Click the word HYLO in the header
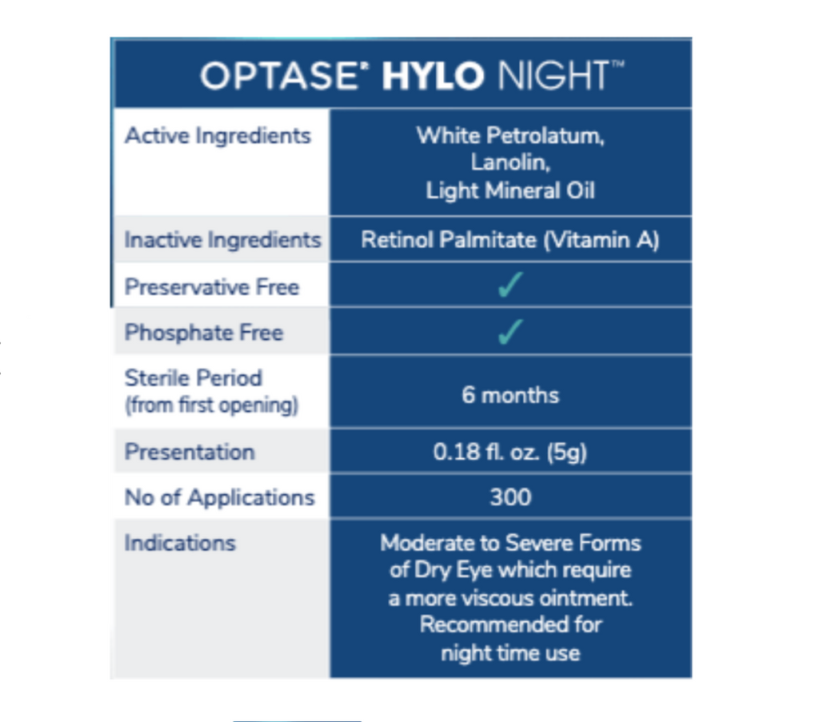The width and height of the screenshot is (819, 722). [433, 76]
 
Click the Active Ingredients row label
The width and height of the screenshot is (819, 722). [218, 136]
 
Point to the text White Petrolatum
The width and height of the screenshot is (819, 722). [509, 136]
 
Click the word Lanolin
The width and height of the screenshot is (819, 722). [510, 162]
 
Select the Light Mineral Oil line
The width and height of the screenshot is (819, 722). [510, 190]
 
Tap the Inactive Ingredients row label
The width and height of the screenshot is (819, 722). [223, 240]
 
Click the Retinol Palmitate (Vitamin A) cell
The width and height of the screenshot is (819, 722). [509, 240]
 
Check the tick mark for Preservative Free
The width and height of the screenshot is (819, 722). [509, 285]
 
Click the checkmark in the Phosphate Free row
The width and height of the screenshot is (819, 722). [509, 332]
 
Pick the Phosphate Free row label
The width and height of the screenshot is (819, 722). [204, 333]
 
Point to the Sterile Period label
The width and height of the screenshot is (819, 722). [194, 378]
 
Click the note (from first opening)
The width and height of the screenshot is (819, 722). [211, 405]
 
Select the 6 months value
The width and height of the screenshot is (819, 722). [510, 395]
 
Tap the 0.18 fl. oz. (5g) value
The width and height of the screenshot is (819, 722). [509, 452]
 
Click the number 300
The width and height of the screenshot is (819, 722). [510, 497]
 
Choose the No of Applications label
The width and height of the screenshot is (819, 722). [219, 497]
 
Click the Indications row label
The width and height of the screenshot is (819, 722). [180, 543]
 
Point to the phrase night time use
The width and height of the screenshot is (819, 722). [510, 653]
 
